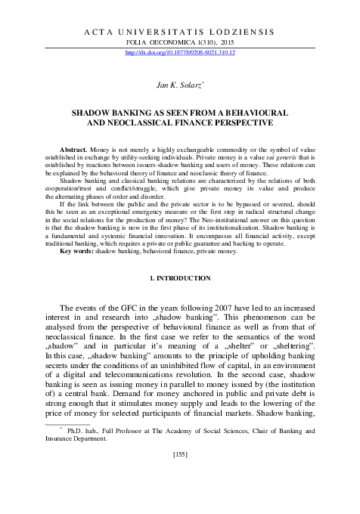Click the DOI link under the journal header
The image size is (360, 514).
tap(179, 53)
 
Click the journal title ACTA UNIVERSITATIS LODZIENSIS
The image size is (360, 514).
tap(179, 33)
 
